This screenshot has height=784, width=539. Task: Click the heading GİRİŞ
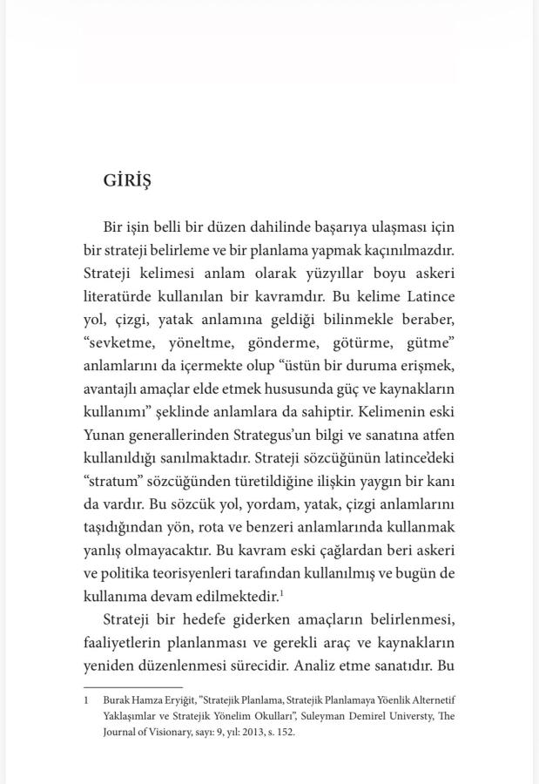[127, 180]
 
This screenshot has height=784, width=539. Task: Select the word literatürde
[119, 295]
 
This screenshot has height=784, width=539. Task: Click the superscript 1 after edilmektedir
[281, 592]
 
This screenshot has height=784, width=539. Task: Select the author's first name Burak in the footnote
[118, 700]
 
